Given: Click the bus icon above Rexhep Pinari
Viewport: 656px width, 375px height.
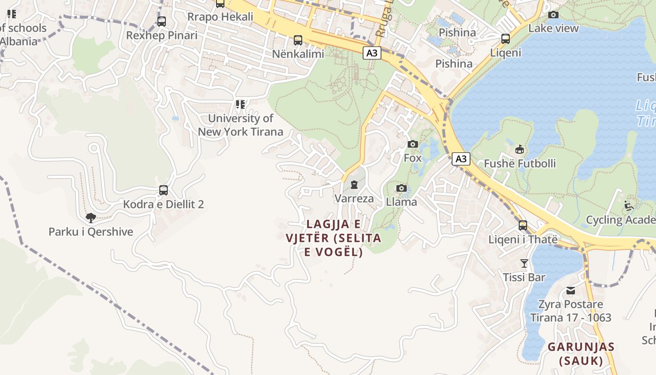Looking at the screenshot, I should click(x=162, y=21).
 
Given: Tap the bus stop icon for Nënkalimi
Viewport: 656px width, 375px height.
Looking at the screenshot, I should click(x=298, y=40).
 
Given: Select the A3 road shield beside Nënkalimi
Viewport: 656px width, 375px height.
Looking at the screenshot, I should click(x=372, y=53).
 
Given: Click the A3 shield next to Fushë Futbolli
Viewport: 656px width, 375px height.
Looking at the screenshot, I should click(x=461, y=159).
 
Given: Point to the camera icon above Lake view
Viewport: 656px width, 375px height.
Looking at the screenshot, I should click(x=553, y=15).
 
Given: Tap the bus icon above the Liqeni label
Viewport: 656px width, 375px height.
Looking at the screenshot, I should click(x=506, y=38).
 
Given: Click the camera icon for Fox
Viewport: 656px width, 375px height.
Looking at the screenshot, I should click(x=413, y=144).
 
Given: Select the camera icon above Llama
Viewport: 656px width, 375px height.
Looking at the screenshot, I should click(x=402, y=188).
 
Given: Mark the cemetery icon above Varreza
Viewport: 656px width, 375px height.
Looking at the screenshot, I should click(x=354, y=185).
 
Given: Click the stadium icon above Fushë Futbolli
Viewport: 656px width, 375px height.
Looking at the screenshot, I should click(x=520, y=150).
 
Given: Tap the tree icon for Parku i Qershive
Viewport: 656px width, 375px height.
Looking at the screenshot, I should click(x=91, y=217).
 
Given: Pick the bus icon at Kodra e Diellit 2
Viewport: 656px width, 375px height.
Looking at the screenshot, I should click(x=164, y=190).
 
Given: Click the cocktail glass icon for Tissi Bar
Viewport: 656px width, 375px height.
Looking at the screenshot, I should click(x=524, y=263).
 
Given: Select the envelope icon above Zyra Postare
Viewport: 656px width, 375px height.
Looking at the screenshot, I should click(x=570, y=291).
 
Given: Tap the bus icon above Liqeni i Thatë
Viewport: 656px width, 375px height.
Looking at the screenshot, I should click(x=523, y=225).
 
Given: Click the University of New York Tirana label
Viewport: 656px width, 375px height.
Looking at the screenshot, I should click(x=240, y=125).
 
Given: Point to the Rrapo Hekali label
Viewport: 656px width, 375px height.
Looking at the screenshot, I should click(x=220, y=17).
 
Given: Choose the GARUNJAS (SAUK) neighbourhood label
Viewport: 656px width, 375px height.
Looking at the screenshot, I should click(x=581, y=354).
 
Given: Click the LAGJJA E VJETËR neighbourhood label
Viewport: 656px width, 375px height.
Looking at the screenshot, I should click(x=334, y=238).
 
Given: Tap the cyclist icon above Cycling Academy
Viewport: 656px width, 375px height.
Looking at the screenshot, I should click(x=629, y=205).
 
